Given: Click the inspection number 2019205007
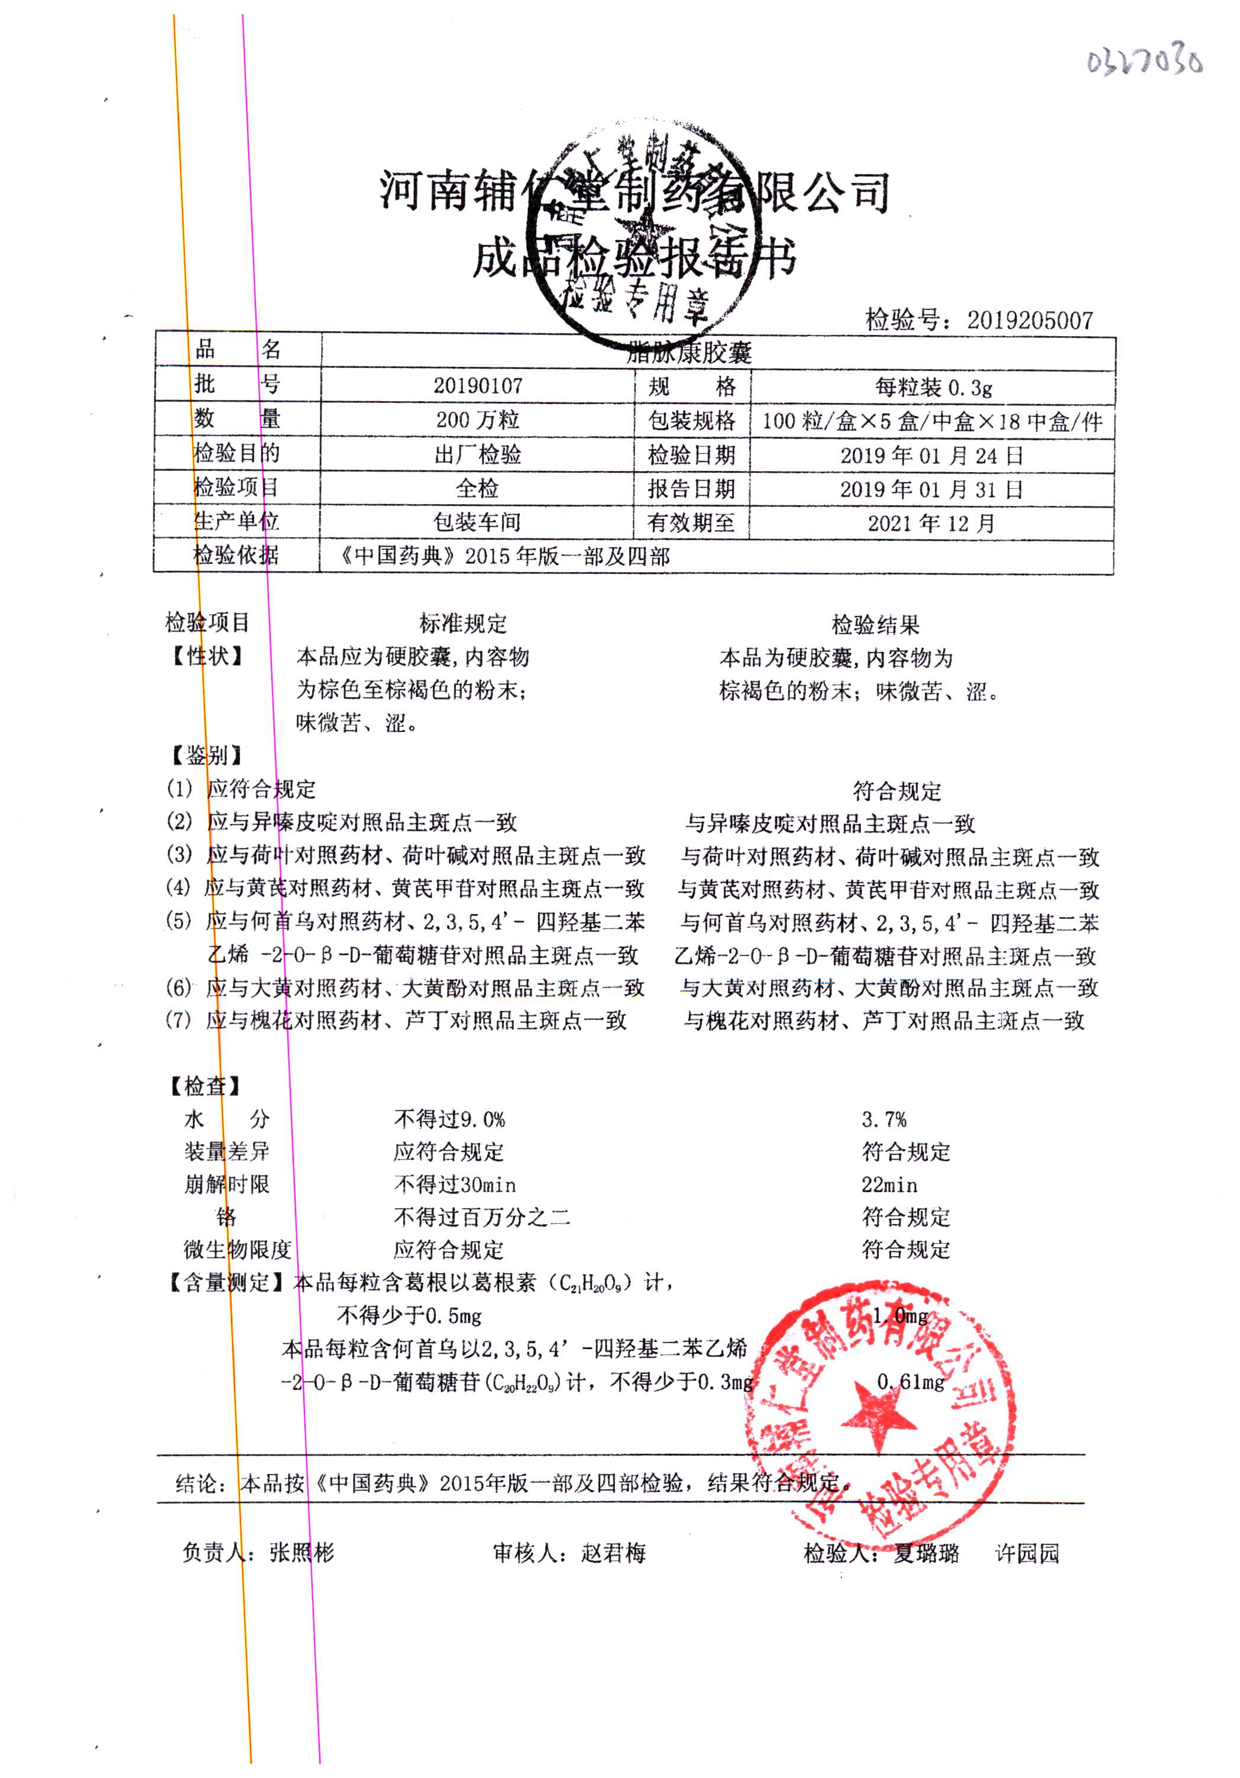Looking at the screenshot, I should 1029,320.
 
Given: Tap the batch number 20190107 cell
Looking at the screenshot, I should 478,385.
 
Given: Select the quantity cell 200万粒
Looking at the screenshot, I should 478,420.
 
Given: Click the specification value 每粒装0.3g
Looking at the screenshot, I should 933,386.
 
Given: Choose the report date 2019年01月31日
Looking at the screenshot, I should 932,489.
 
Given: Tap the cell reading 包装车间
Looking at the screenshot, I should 478,522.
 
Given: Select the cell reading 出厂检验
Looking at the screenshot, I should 478,454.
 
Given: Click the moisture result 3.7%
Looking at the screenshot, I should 883,1119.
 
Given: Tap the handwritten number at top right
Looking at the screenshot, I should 1145,60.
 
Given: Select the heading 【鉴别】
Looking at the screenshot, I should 206,755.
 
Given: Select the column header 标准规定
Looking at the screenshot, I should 463,624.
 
